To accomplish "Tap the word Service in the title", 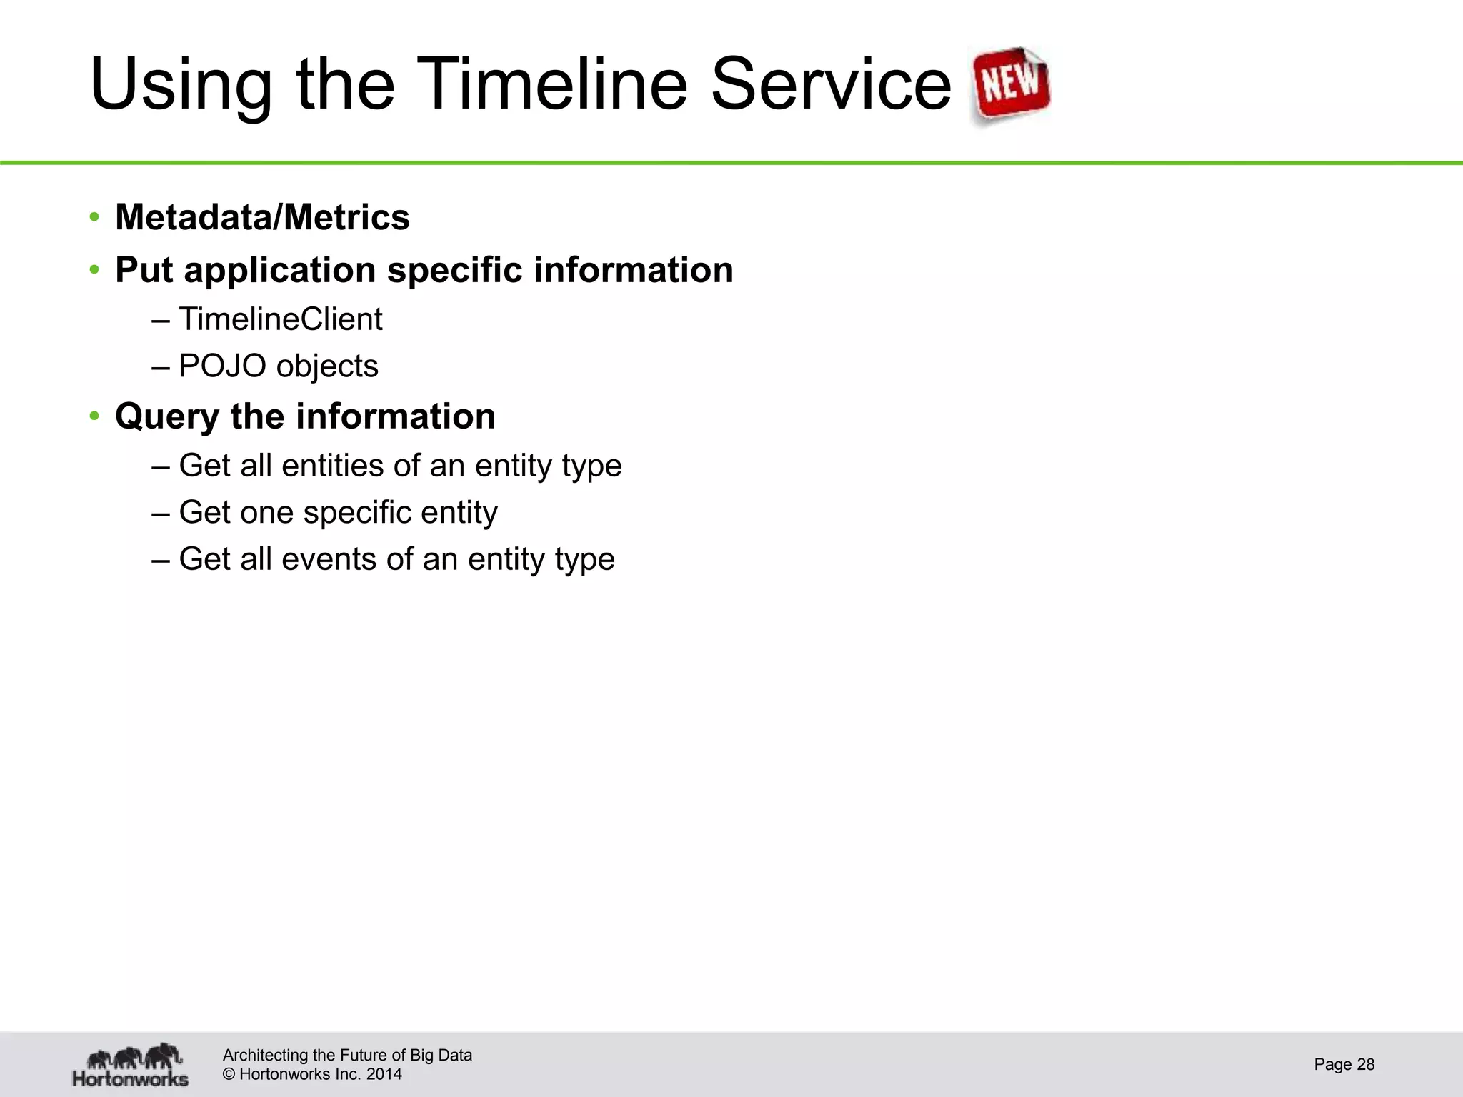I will [x=831, y=84].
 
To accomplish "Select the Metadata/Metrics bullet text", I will [x=262, y=217].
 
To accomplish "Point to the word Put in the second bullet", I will [x=144, y=270].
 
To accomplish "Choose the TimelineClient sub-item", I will [x=280, y=319].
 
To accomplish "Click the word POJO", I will [x=222, y=366].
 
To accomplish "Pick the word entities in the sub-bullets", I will [x=332, y=466].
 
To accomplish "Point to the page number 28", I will [x=1365, y=1065].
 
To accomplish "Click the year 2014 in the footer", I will [x=384, y=1074].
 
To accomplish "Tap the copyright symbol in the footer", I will [x=229, y=1074].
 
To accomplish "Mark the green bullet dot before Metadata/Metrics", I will [x=94, y=217].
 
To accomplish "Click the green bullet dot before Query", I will [x=94, y=416].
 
